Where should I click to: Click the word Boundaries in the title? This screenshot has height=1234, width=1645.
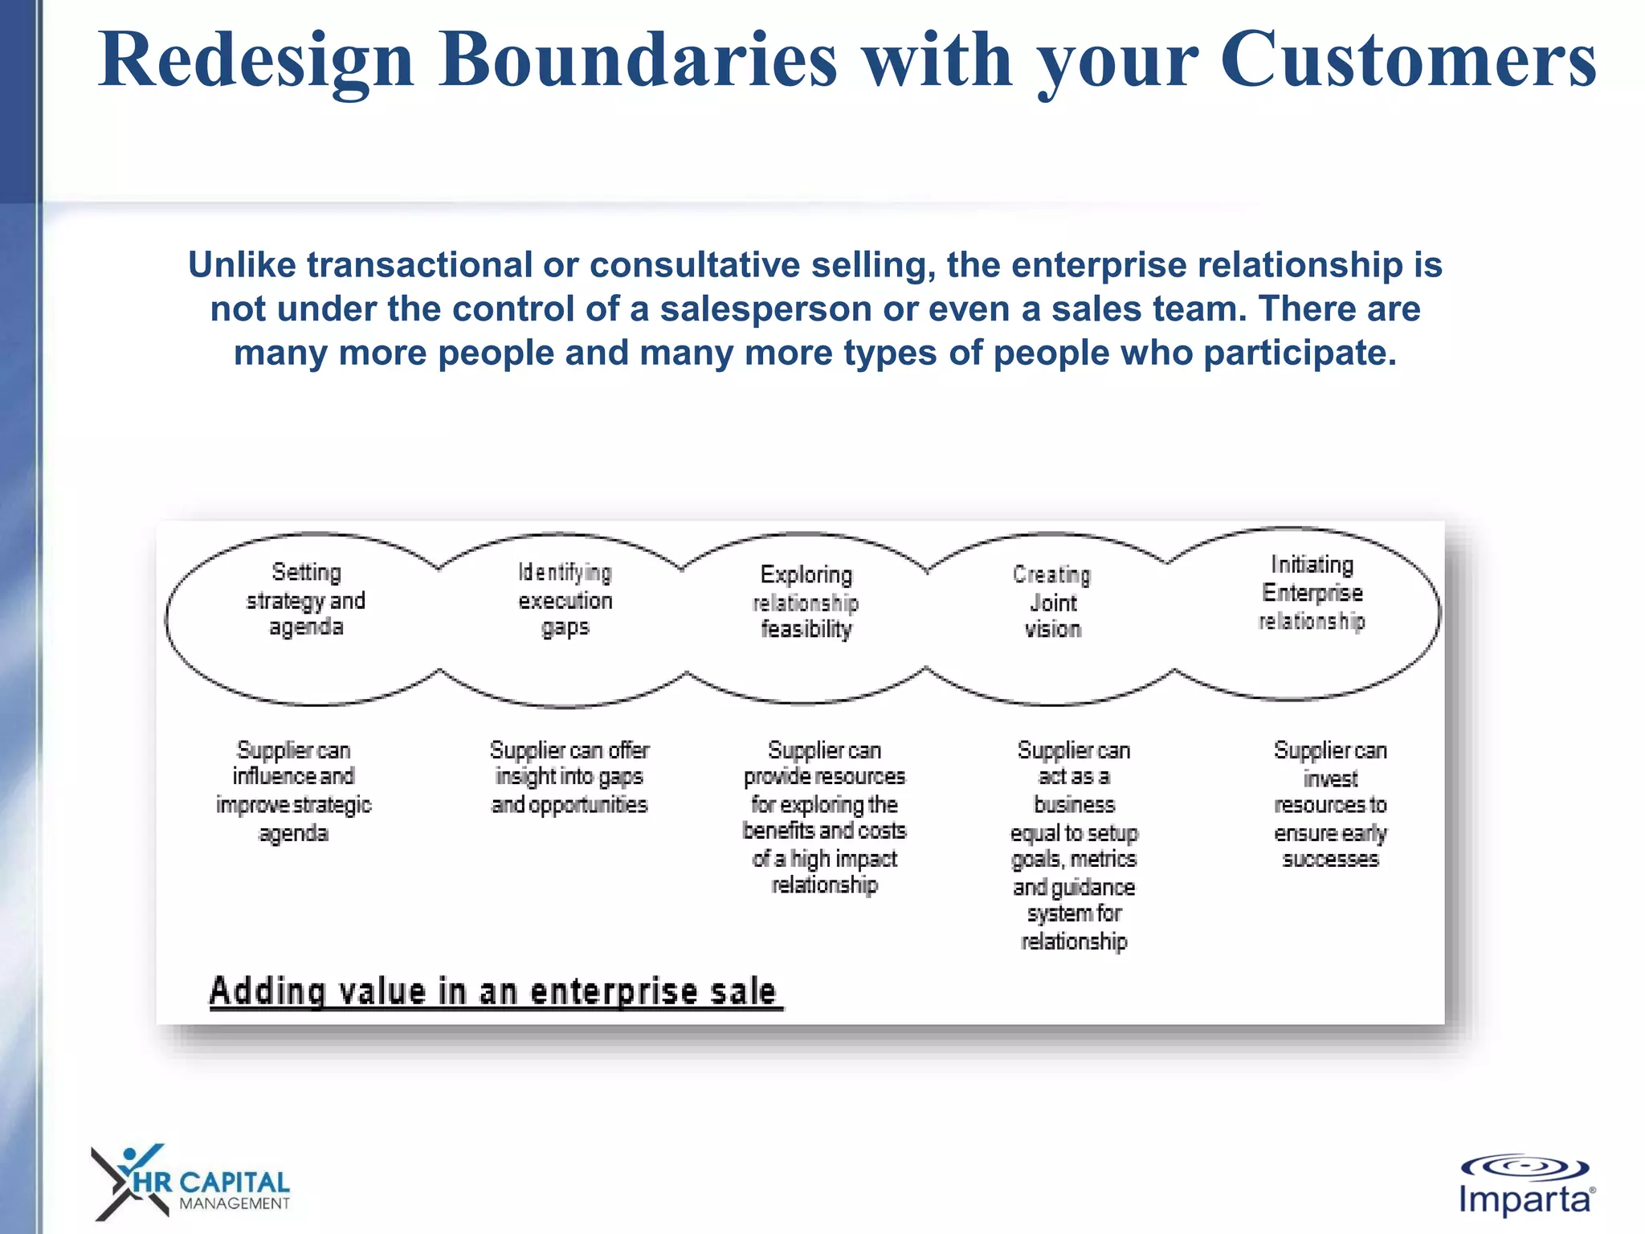pos(639,60)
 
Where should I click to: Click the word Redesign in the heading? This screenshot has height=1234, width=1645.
pos(255,60)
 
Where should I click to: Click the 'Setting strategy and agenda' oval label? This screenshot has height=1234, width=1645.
pos(305,600)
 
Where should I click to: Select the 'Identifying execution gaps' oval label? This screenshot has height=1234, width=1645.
pos(565,600)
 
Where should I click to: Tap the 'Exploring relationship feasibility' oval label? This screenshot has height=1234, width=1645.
pos(806,602)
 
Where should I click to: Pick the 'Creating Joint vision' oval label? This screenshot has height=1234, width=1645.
pos(1052,602)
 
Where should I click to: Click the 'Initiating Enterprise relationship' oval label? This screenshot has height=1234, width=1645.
pos(1312,593)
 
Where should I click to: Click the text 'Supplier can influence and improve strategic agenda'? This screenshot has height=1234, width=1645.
pos(293,791)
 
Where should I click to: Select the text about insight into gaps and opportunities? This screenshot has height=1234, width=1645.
pos(569,777)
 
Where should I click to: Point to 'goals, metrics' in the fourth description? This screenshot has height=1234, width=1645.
pos(1074,859)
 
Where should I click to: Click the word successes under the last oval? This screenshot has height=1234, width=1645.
pos(1330,859)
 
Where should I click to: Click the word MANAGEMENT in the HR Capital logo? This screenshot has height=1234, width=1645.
pos(234,1203)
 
